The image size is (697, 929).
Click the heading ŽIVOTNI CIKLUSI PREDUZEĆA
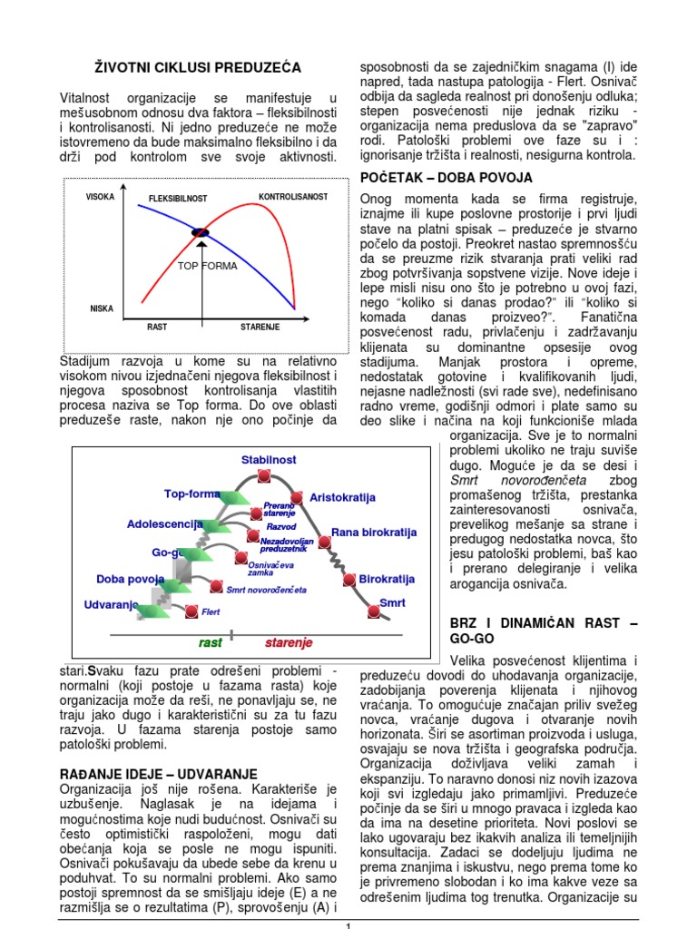click(x=198, y=68)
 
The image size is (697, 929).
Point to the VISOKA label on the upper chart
click(x=100, y=197)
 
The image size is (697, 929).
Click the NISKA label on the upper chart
click(x=102, y=308)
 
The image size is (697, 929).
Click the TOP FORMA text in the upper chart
click(x=207, y=267)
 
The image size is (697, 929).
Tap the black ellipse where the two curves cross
click(x=201, y=233)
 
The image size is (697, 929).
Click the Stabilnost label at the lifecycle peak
click(x=268, y=460)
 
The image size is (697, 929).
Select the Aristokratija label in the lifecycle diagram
click(x=342, y=498)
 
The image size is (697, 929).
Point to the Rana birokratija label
click(x=373, y=532)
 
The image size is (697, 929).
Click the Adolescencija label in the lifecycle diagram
click(x=164, y=524)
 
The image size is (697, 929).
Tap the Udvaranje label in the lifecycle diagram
click(x=111, y=604)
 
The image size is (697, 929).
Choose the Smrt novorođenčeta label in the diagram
click(x=266, y=589)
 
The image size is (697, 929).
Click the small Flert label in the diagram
click(x=211, y=612)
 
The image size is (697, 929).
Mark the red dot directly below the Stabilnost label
click(x=263, y=476)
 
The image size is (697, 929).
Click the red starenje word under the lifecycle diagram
click(x=289, y=642)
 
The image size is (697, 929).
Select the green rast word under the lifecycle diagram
click(x=210, y=642)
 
